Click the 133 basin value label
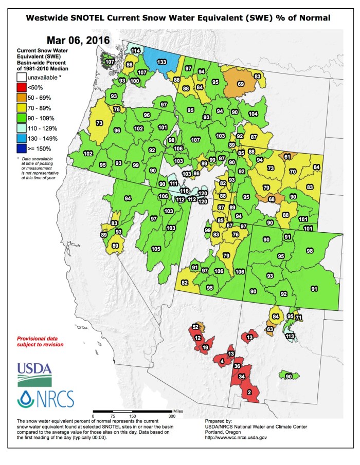(x=161, y=62)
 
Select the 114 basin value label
(x=136, y=51)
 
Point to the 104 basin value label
(x=253, y=114)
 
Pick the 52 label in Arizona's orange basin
(x=195, y=327)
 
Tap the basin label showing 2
(x=249, y=393)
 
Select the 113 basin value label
(x=290, y=336)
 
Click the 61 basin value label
(x=287, y=156)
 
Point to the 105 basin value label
(x=156, y=249)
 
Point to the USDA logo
(x=34, y=374)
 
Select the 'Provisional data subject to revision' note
(x=41, y=342)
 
